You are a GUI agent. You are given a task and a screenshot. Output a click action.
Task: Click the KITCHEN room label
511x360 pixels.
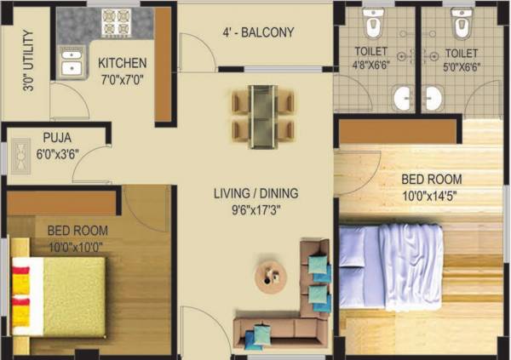click(x=122, y=64)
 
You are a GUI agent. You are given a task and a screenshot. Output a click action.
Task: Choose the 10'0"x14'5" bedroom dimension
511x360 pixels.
click(x=432, y=195)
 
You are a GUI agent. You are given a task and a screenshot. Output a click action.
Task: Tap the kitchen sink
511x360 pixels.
click(x=69, y=66)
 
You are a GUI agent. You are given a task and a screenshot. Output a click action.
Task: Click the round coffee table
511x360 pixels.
click(x=272, y=274)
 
